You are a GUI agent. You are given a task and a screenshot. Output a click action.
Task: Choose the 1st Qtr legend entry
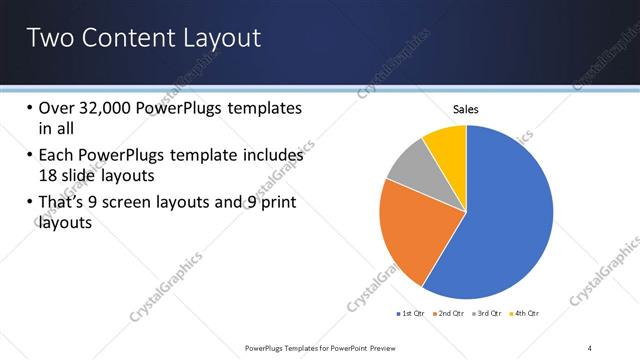(x=411, y=314)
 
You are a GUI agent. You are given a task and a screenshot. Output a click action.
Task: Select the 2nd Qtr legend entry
(x=449, y=314)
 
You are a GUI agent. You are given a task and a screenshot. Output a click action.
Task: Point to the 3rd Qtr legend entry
(x=487, y=314)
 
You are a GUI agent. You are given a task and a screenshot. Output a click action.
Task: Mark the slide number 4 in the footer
(x=590, y=347)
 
